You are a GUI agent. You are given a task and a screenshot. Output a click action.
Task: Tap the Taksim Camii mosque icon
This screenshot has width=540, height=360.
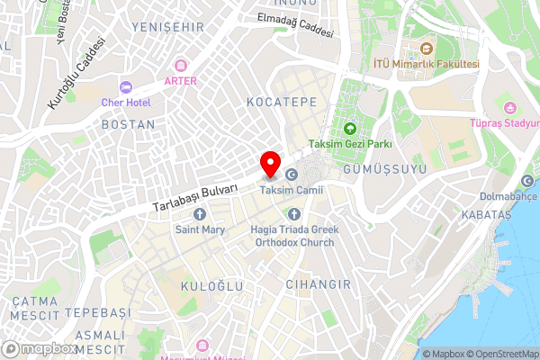point(292,175)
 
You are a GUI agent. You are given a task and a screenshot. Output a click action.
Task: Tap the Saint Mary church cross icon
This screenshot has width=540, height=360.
point(200,214)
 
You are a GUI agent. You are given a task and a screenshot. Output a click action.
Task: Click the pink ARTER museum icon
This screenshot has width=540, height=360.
point(180,66)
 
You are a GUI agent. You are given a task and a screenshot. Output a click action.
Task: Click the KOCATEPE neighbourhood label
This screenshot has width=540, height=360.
point(282,103)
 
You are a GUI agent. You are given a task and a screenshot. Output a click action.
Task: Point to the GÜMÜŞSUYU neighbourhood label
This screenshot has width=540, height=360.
point(383,168)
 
